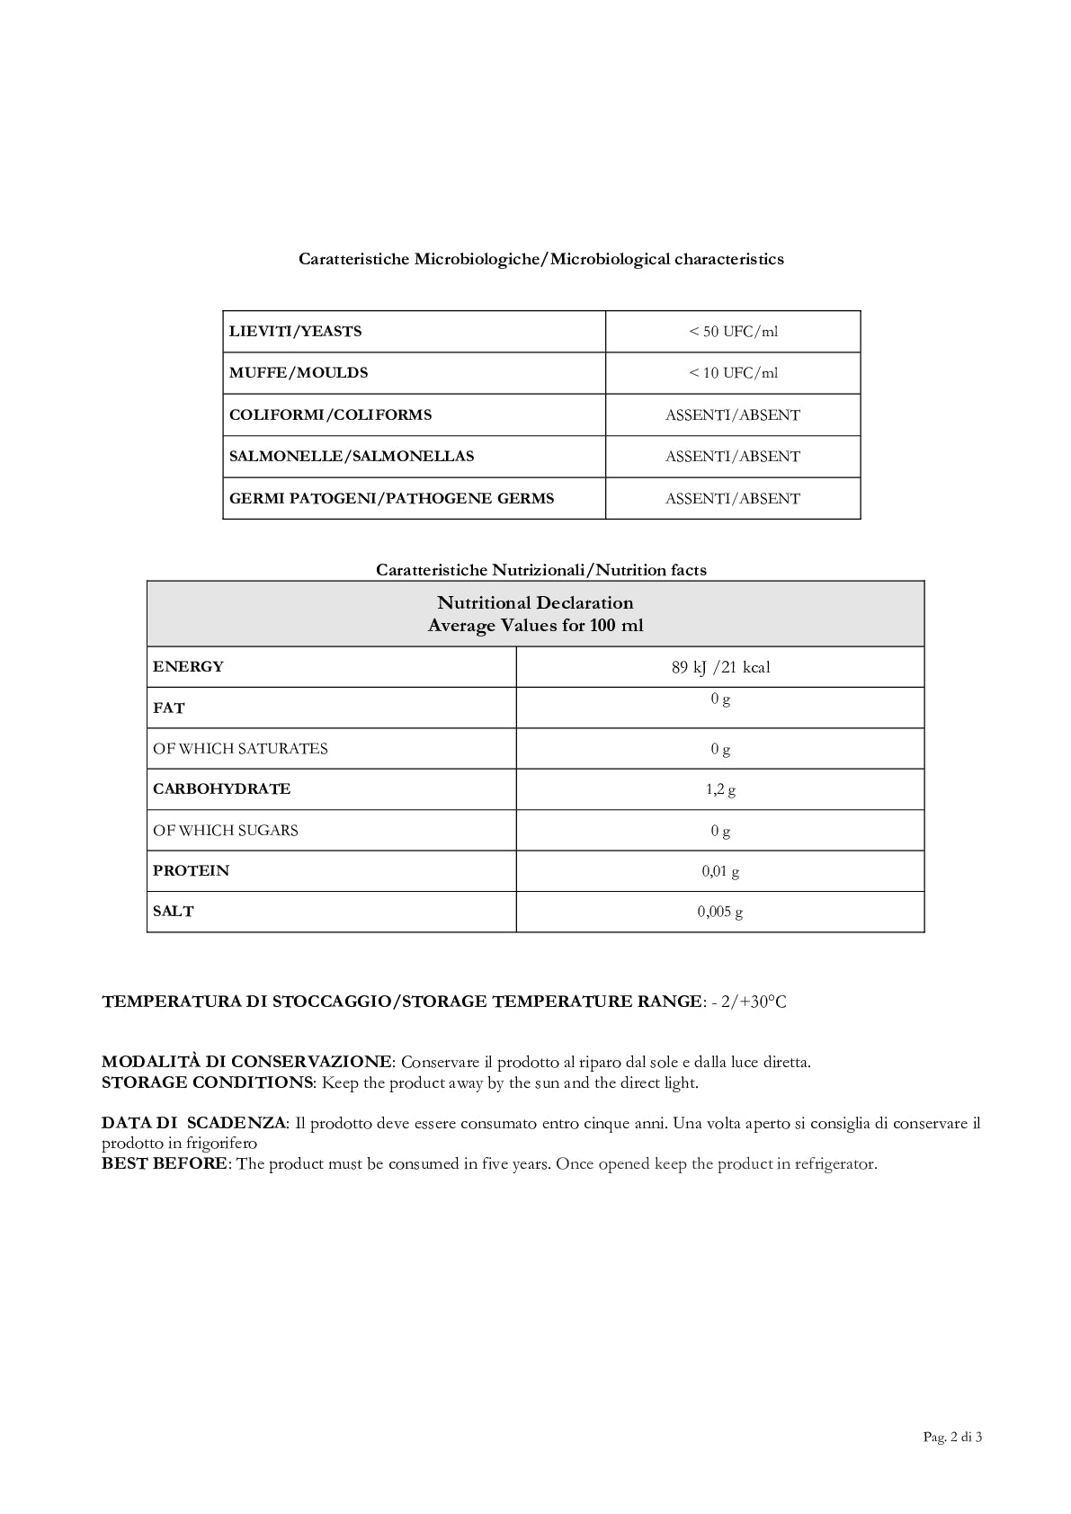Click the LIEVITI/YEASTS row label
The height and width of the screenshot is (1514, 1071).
click(x=295, y=332)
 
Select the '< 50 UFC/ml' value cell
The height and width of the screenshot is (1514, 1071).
click(x=733, y=332)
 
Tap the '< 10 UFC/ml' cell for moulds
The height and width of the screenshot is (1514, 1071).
click(x=733, y=373)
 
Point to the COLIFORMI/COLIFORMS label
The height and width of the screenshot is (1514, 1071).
click(x=330, y=415)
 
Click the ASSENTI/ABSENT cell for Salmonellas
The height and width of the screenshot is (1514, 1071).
click(x=733, y=457)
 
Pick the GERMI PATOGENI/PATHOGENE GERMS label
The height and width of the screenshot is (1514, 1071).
click(x=391, y=499)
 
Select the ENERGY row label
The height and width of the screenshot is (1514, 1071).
click(x=188, y=667)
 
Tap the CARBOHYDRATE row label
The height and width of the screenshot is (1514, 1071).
click(x=221, y=789)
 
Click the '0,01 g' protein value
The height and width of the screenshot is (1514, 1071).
click(x=720, y=871)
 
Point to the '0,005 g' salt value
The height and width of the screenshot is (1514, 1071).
click(x=720, y=912)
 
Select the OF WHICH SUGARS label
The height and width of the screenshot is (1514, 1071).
click(x=225, y=831)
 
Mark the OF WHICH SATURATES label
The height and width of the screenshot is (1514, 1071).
click(x=240, y=749)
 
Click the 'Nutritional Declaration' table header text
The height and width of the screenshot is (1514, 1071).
click(x=535, y=603)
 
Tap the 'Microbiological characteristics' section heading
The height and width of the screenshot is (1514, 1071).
click(x=666, y=260)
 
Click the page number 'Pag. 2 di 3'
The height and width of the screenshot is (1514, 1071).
click(x=952, y=1437)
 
